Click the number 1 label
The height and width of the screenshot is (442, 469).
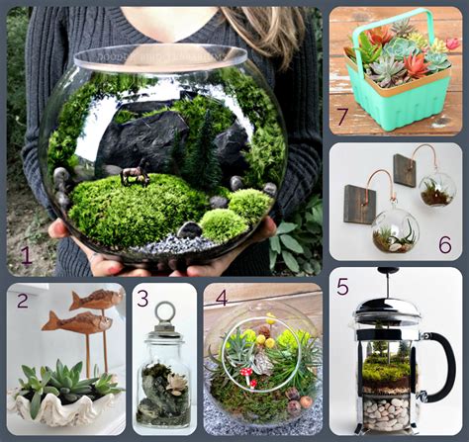(26, 259)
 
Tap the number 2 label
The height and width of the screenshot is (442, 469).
(22, 301)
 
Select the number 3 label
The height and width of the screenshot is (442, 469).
(142, 297)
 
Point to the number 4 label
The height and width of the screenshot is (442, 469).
(221, 297)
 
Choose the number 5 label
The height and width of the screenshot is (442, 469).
(342, 287)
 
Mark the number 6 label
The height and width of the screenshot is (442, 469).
(444, 243)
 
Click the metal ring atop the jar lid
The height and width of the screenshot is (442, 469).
(165, 313)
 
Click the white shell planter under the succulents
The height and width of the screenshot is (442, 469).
(59, 405)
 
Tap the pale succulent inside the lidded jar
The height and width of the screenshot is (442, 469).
(178, 383)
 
